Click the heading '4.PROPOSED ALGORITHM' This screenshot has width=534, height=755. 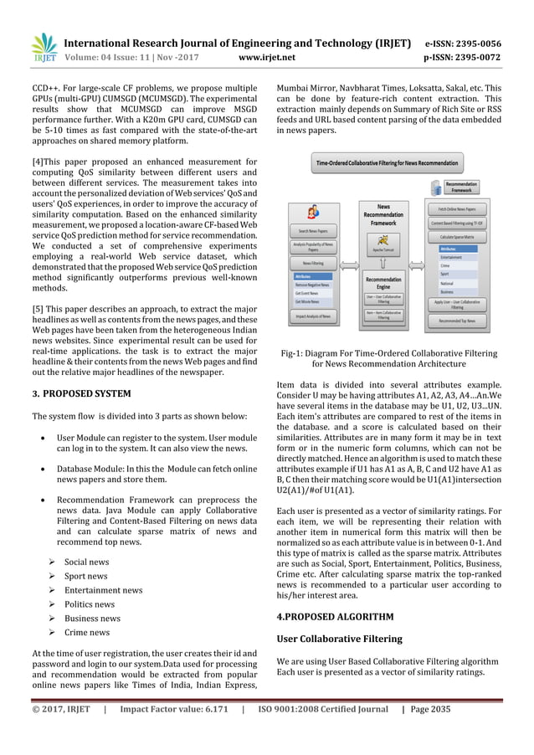click(x=334, y=617)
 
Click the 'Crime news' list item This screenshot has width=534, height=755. click(x=87, y=632)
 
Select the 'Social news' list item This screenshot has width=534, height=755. click(x=86, y=562)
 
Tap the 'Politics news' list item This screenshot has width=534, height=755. click(x=90, y=603)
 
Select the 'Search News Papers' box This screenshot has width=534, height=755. click(x=313, y=230)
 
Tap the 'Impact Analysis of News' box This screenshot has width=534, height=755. click(x=313, y=316)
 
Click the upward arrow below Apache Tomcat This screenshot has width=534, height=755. click(x=383, y=265)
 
